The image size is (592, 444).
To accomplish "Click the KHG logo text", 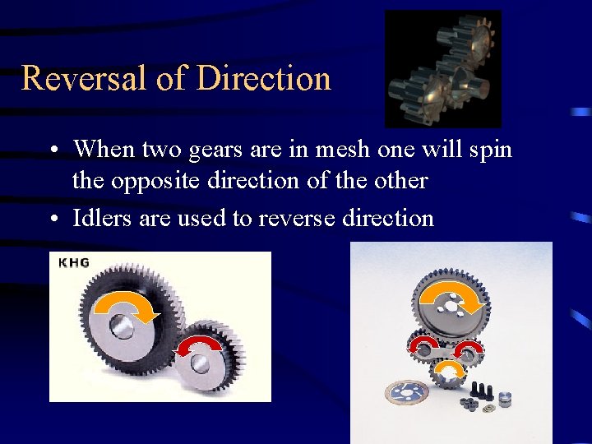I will coord(74,263).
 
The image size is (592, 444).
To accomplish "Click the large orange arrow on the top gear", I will coord(451,299).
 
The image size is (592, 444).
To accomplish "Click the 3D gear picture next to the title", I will coord(442,68).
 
